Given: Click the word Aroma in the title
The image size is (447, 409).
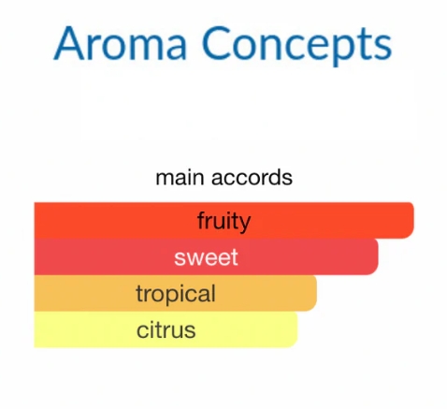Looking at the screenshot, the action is click(121, 43).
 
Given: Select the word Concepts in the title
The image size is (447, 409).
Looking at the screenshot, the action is click(296, 47).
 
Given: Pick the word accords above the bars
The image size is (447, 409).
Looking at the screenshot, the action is click(252, 178).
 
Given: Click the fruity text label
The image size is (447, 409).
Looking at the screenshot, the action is click(223, 222).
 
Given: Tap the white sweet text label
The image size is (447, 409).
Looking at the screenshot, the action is click(206, 257).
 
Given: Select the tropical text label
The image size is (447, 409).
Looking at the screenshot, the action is click(176, 294).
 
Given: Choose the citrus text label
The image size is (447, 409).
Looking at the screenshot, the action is click(166, 330).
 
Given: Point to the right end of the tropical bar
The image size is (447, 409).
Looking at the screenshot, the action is click(316, 293).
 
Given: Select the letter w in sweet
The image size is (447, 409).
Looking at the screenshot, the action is click(195, 258).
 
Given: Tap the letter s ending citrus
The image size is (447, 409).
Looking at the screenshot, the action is click(191, 331).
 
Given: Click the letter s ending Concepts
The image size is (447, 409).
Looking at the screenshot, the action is click(383, 48).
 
